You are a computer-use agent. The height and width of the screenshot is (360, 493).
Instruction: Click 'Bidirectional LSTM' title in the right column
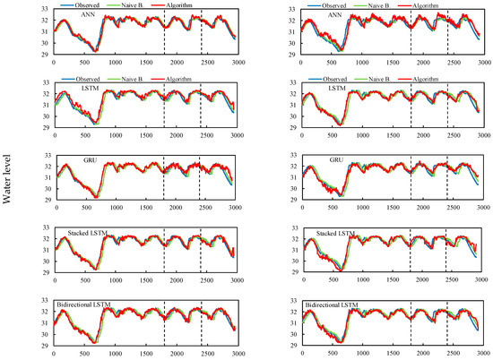pos(338,305)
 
